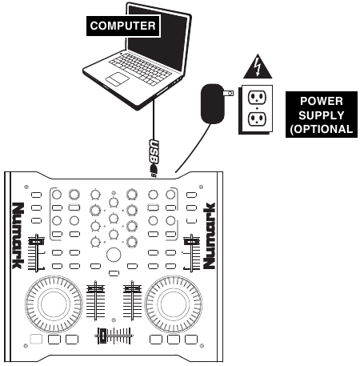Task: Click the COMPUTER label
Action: pyautogui.click(x=123, y=26)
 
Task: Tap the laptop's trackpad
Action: pyautogui.click(x=118, y=79)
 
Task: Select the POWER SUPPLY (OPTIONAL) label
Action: pyautogui.click(x=322, y=115)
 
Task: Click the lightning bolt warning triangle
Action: pyautogui.click(x=258, y=66)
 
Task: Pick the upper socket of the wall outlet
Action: pyautogui.click(x=257, y=98)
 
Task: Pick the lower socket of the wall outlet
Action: pyautogui.click(x=257, y=119)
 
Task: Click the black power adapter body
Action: pyautogui.click(x=212, y=104)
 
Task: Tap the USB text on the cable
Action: pyautogui.click(x=154, y=151)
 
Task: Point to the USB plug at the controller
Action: pyautogui.click(x=154, y=171)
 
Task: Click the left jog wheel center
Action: pyautogui.click(x=54, y=304)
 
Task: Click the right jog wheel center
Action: pyautogui.click(x=174, y=304)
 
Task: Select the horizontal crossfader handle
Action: pyautogui.click(x=102, y=336)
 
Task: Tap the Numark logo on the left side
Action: pyautogui.click(x=18, y=235)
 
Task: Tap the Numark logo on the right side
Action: pyautogui.click(x=209, y=235)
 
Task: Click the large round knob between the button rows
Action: pyautogui.click(x=114, y=255)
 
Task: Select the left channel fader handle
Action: pyautogui.click(x=95, y=288)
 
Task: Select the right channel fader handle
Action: pyautogui.click(x=132, y=288)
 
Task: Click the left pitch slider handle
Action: pyautogui.click(x=36, y=241)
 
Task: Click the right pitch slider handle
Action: pyautogui.click(x=191, y=241)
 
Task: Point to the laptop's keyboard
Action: pyautogui.click(x=139, y=69)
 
